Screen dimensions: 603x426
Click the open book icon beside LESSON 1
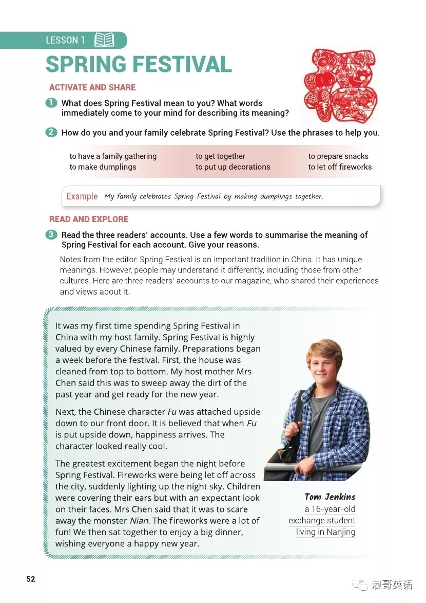click(105, 40)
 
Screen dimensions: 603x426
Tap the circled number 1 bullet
click(51, 103)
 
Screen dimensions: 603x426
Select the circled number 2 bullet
click(51, 133)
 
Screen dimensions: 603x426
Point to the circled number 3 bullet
click(51, 235)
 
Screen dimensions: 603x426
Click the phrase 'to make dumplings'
click(103, 167)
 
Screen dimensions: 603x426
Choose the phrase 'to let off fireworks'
click(340, 167)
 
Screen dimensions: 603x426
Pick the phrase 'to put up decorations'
click(233, 167)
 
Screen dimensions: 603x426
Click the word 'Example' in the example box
click(82, 196)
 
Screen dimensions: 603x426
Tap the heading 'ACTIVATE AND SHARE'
click(92, 87)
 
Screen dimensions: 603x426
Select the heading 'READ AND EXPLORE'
click(89, 219)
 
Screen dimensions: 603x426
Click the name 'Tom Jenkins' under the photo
click(330, 497)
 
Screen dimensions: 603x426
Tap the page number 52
click(31, 579)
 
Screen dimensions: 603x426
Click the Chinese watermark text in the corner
click(392, 585)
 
